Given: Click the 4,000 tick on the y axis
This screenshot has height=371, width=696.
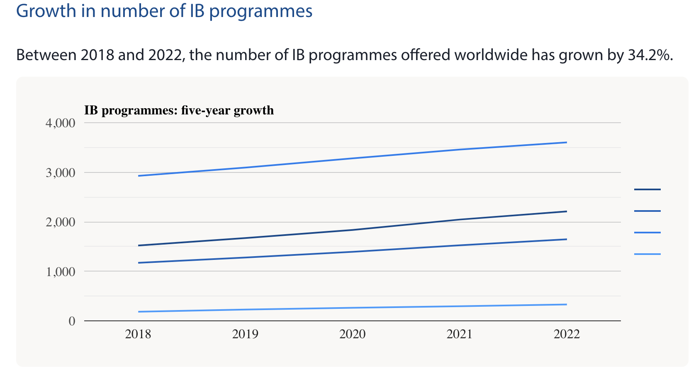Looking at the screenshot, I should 60,123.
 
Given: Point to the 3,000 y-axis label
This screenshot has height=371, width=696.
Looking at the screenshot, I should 60,173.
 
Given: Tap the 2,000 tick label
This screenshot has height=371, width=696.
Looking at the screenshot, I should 60,222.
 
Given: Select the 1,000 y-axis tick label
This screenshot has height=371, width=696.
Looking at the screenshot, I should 60,272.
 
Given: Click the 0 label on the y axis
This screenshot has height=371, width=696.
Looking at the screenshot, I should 72,321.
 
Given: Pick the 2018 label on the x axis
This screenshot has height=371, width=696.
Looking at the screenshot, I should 138,334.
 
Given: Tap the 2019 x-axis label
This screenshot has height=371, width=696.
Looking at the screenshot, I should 245,334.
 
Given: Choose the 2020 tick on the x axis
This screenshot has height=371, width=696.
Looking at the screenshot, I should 353,334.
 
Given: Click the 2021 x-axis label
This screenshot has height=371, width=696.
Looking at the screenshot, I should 460,334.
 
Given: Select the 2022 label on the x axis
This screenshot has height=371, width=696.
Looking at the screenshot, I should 567,334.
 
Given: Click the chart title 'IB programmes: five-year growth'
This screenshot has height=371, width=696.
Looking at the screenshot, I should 179,110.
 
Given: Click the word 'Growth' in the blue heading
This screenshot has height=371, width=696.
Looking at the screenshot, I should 46,11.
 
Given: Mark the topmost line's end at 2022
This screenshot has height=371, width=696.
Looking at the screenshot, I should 567,143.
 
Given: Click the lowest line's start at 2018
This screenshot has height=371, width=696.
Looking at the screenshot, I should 139,312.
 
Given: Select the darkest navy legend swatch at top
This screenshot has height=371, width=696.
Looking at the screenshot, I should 647,189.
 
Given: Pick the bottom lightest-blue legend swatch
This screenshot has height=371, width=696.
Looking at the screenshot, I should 647,254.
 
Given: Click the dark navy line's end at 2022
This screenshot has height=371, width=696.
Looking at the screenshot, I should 567,211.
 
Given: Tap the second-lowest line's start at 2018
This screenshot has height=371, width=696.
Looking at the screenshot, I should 139,263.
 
